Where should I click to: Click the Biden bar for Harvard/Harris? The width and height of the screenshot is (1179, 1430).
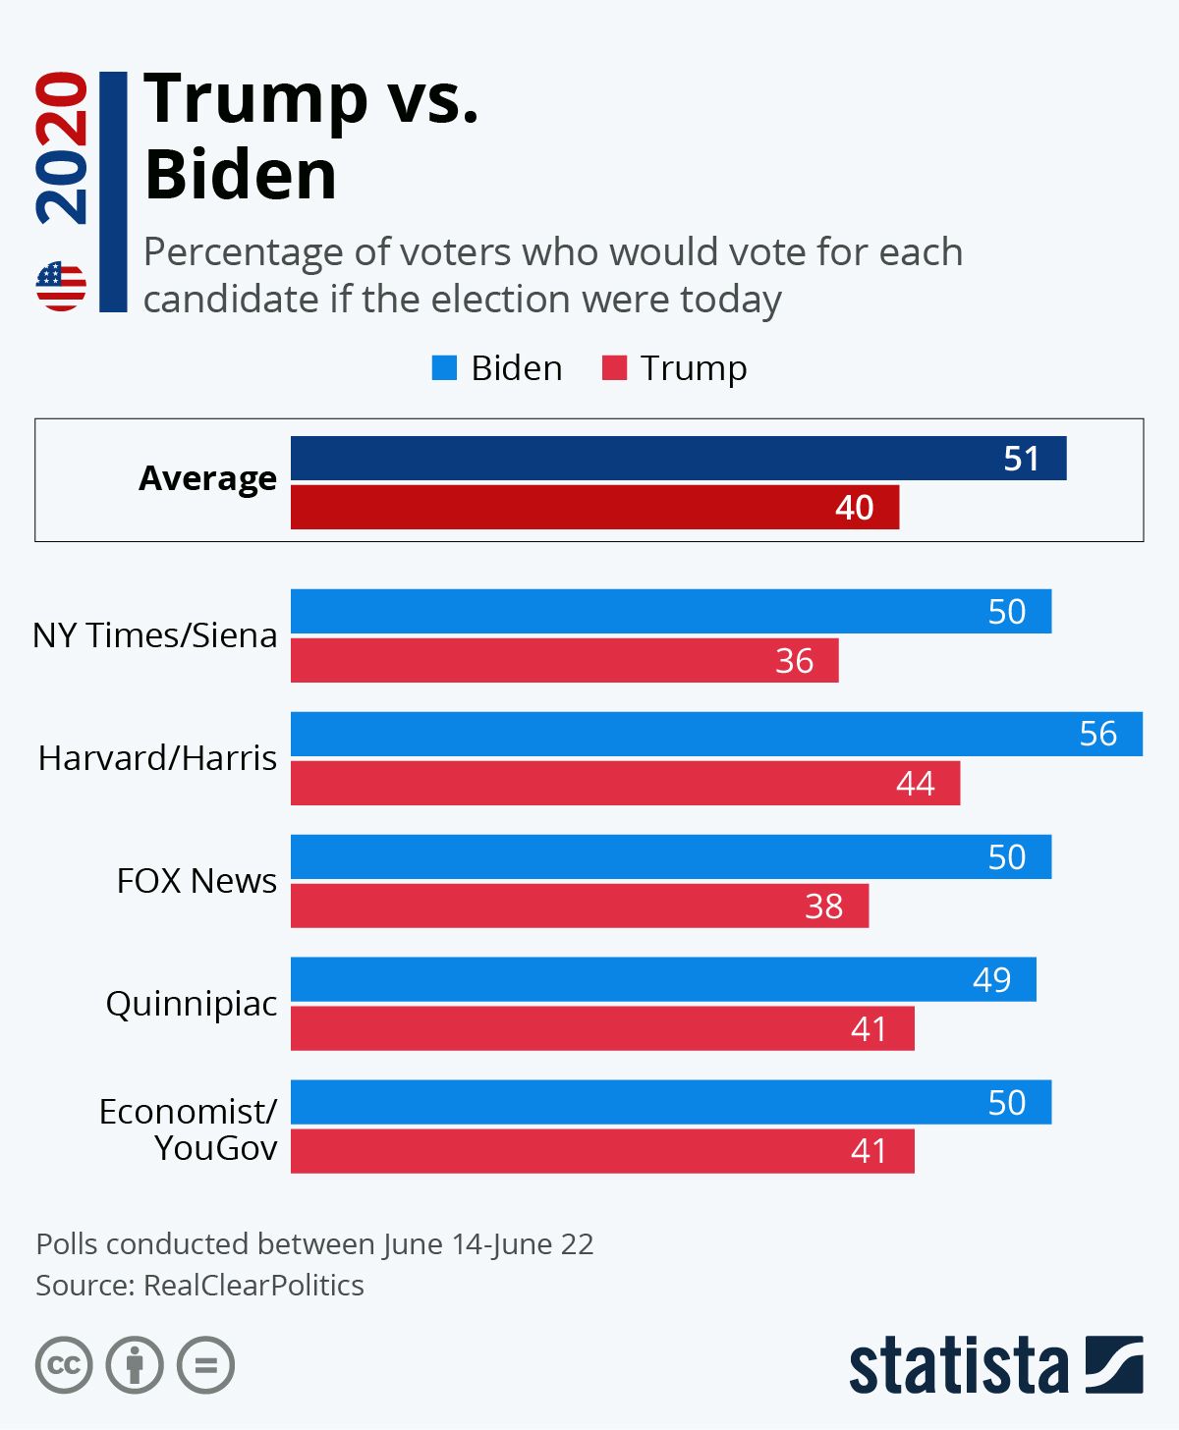(x=716, y=734)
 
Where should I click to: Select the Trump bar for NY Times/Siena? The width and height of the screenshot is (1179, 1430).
(x=564, y=660)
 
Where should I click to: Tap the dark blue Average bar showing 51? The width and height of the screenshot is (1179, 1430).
(x=678, y=459)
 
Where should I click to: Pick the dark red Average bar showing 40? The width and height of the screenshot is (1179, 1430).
(x=594, y=507)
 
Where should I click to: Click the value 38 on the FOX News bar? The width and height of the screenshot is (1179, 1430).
(x=823, y=906)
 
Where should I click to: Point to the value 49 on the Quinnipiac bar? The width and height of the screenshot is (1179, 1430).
(x=991, y=979)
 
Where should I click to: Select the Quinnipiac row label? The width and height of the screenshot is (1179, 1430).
(x=192, y=1004)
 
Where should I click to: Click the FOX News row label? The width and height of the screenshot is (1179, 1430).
(x=196, y=881)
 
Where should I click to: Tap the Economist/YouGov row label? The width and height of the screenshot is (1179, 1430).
(x=189, y=1129)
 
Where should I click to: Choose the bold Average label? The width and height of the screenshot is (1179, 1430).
(x=207, y=478)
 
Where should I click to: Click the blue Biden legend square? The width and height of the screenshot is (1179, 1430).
(x=444, y=368)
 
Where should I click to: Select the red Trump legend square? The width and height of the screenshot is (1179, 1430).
(x=614, y=368)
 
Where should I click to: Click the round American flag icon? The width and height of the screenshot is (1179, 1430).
(x=61, y=287)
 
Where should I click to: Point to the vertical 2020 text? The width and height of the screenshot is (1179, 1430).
(x=61, y=147)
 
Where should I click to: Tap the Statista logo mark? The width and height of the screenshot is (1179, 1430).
(x=1114, y=1364)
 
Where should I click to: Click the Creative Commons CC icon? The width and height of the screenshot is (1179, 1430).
(x=64, y=1365)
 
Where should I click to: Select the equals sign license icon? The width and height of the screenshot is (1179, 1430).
(x=205, y=1365)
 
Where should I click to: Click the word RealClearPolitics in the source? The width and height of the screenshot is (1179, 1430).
(x=253, y=1286)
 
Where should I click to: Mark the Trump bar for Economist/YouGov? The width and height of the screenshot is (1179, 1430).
(x=602, y=1151)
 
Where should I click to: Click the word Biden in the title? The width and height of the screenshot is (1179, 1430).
(x=241, y=175)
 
